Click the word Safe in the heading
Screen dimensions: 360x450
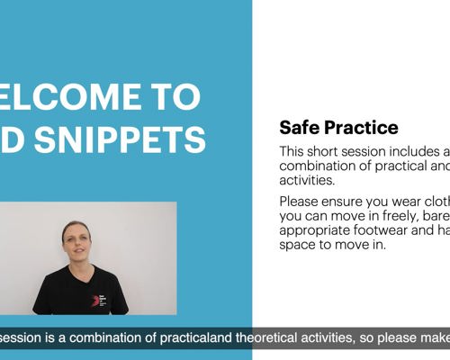[298, 128]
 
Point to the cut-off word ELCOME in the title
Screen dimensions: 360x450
[67, 95]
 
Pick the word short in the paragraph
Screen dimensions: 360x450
[330, 152]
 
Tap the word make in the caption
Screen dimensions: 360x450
[431, 338]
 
